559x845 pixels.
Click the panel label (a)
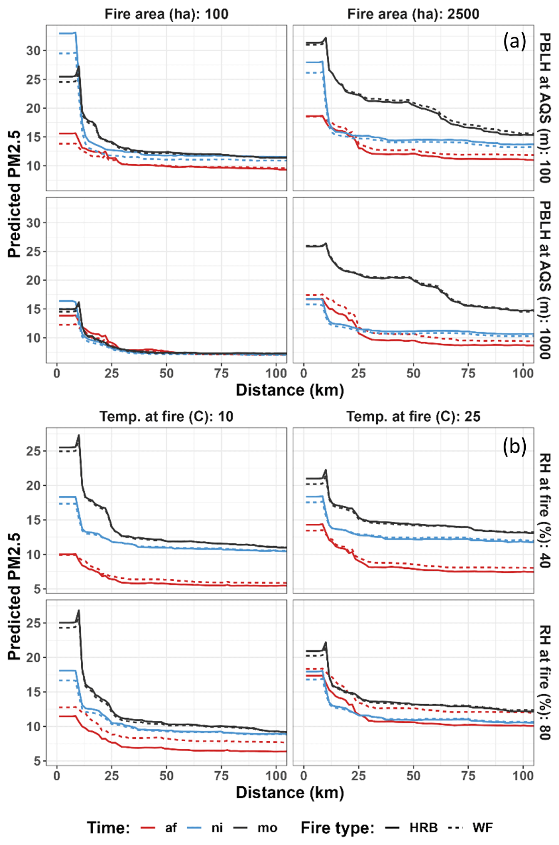tap(514, 42)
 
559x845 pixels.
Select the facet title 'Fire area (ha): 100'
tap(166, 14)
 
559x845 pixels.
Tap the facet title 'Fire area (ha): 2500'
tap(413, 14)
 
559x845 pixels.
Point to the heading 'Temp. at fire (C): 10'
tap(166, 417)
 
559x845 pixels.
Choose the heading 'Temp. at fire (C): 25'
tap(413, 417)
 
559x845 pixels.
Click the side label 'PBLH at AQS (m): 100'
tap(545, 108)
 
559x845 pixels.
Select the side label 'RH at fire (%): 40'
tap(545, 511)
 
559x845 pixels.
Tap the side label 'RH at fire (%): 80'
tap(545, 682)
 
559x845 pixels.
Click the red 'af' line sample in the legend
tap(148, 827)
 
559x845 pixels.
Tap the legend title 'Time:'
tap(109, 827)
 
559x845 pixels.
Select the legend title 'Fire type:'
tap(337, 827)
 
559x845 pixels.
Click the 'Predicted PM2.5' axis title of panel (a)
tap(14, 194)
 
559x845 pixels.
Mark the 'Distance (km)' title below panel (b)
tap(290, 792)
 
